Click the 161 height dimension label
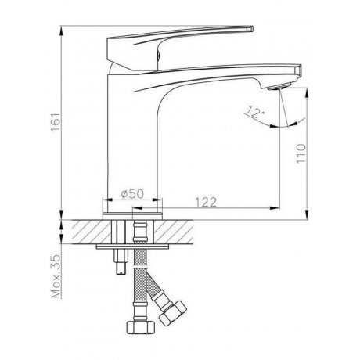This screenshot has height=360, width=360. point(56,123)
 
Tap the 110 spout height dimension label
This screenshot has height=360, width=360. point(301,153)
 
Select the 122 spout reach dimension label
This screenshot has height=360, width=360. point(206,202)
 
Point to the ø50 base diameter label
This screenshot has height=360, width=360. point(132,194)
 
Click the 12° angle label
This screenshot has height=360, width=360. point(255,111)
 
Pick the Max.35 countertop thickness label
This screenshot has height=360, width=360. point(56,276)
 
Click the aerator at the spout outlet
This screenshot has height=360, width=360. point(279,86)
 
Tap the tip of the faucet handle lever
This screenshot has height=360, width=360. point(251,28)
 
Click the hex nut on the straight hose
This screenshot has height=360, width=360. point(141,327)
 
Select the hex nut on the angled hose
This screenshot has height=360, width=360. point(172,313)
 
